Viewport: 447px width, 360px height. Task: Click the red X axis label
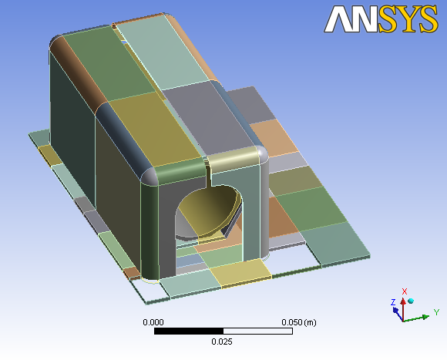[x=405, y=291]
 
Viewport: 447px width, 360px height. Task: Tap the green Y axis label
[x=436, y=312]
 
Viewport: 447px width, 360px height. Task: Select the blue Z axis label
[x=393, y=302]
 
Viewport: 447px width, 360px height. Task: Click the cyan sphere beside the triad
[x=411, y=301]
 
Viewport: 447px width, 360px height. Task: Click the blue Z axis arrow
[x=398, y=312]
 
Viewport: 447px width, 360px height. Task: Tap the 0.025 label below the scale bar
[x=222, y=341]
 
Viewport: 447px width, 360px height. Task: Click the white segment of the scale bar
[x=257, y=331]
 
